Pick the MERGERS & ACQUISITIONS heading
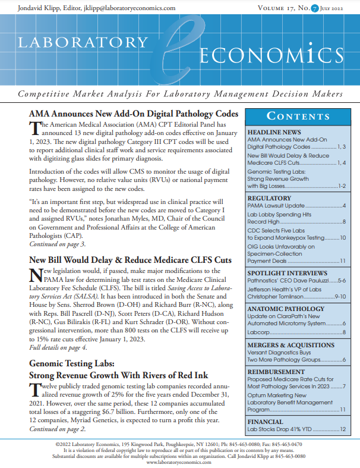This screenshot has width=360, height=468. tap(289, 343)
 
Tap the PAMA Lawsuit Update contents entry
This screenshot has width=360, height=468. tap(277, 206)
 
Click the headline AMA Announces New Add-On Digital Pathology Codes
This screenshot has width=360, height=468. tap(134, 114)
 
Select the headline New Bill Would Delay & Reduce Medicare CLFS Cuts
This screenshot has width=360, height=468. tap(130, 260)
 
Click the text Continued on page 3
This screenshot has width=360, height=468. tap(57, 244)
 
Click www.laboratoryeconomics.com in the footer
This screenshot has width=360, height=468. tap(179, 461)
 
